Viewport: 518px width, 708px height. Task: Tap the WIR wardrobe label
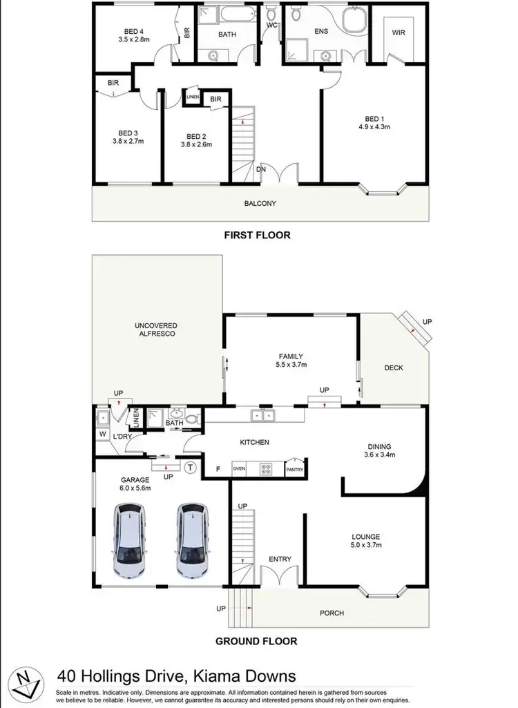point(399,32)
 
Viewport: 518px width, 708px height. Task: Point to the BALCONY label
point(259,203)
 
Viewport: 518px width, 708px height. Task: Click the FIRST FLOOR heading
point(257,235)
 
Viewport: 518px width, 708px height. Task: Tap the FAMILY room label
point(291,356)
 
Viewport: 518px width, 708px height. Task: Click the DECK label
point(394,367)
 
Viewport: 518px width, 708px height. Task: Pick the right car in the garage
point(191,540)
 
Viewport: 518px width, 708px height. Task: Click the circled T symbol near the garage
point(191,468)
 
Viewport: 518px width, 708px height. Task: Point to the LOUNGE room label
point(366,536)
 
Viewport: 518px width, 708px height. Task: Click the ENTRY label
point(280,559)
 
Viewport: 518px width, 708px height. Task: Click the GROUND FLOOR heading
point(256,641)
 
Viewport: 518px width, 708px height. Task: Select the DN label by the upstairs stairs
point(261,168)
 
